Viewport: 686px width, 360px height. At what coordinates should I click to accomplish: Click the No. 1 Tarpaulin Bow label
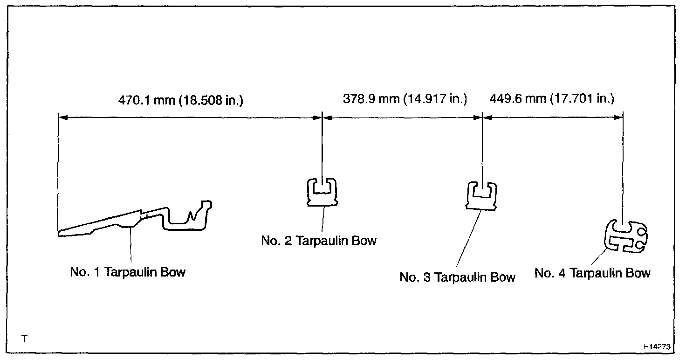click(x=128, y=272)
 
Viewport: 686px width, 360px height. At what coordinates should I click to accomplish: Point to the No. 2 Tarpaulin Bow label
click(x=319, y=241)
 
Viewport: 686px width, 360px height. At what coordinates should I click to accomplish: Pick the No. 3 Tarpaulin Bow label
click(x=457, y=277)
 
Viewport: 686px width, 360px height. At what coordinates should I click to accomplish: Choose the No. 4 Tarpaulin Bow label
click(x=592, y=273)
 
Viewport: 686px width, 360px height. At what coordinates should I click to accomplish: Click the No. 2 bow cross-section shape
click(x=322, y=192)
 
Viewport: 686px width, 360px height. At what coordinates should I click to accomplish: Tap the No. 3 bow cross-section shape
click(x=482, y=196)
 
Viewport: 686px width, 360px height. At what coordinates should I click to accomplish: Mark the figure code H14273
click(x=657, y=347)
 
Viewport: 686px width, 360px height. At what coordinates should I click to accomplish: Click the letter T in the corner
click(x=24, y=339)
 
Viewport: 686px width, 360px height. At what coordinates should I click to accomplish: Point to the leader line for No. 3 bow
click(x=467, y=240)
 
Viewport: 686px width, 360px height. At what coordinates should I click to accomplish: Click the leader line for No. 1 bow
click(x=131, y=245)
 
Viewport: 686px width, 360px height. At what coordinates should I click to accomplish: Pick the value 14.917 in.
click(x=436, y=99)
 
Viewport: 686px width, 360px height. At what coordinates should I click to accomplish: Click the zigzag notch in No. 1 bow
click(x=191, y=215)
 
